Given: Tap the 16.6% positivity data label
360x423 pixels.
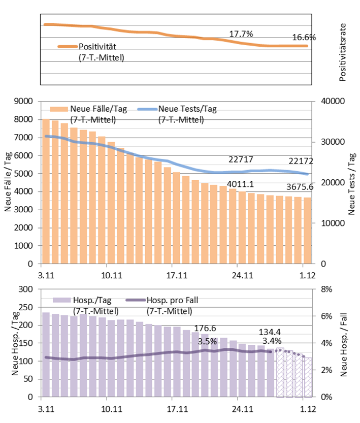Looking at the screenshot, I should (x=304, y=38).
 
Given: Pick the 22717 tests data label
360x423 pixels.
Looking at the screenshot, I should (x=241, y=160).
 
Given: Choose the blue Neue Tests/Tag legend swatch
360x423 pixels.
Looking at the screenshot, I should (x=145, y=109).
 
